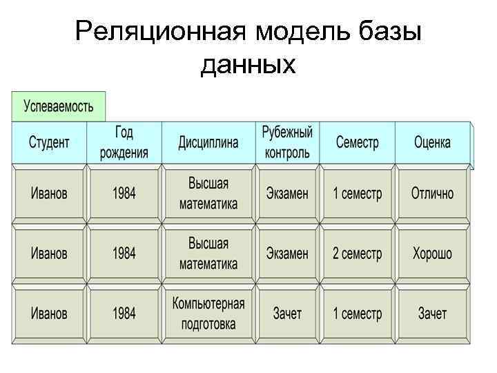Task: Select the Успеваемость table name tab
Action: [x=58, y=106]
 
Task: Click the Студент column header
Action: [x=49, y=143]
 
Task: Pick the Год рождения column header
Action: [x=124, y=143]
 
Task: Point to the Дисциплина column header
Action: [x=208, y=143]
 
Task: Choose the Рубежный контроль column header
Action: [x=287, y=143]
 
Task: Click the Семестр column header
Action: [x=357, y=143]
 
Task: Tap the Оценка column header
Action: [x=432, y=143]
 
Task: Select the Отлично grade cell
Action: [x=432, y=193]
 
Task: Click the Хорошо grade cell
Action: [x=432, y=254]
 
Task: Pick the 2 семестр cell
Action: [x=357, y=254]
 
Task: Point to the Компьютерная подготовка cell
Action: [x=208, y=314]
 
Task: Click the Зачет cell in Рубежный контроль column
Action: [x=287, y=314]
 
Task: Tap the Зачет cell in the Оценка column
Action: [x=432, y=314]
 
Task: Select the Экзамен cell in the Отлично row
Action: [x=287, y=193]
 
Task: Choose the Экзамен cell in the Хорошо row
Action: [x=287, y=254]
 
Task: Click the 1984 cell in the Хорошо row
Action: [x=124, y=254]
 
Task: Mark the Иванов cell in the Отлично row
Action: [x=49, y=193]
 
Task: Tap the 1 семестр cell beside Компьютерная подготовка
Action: [x=357, y=314]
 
